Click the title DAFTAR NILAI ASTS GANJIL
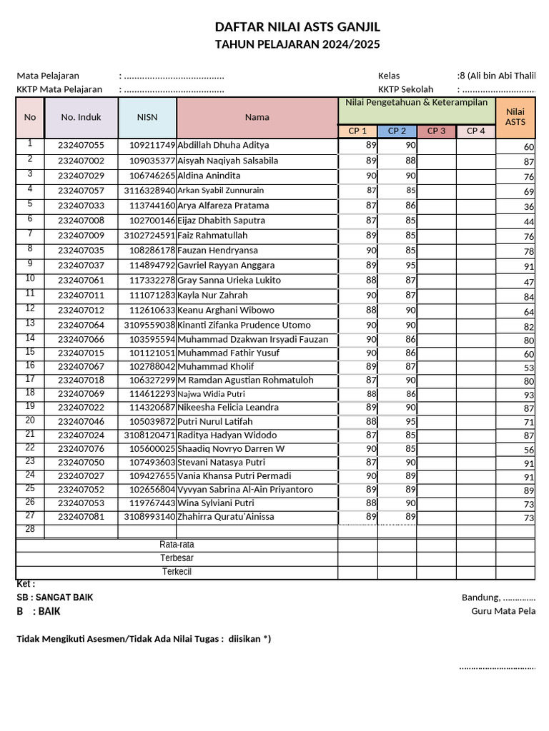pos(297,27)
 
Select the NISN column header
pos(147,118)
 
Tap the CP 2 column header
pos(397,131)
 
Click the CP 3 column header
pos(436,131)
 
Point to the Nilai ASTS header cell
pos(515,117)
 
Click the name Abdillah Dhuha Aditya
pos(223,145)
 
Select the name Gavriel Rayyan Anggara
pos(226,266)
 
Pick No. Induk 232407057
pos(81,191)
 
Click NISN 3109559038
pos(149,326)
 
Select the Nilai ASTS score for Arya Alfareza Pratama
pos(528,207)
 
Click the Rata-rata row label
pos(177,545)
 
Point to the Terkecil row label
pos(177,572)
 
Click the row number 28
pos(30,529)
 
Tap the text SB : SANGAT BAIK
pos(54,598)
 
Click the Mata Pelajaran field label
pos(48,76)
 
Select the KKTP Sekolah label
pos(405,89)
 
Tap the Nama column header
pos(257,118)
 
